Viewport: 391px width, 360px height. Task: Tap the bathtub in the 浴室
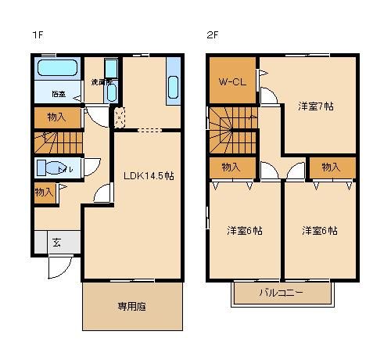coord(56,70)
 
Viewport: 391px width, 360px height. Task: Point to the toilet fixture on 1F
coord(52,169)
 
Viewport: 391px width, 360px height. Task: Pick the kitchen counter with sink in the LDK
coord(173,81)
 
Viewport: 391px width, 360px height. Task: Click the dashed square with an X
coord(120,118)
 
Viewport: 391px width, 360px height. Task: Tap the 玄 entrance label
coord(57,242)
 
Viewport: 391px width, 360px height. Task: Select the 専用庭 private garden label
coord(132,306)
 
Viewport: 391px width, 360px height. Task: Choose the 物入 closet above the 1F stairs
coord(57,117)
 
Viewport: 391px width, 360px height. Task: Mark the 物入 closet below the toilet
coord(43,193)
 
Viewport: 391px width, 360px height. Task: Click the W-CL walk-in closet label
coord(231,81)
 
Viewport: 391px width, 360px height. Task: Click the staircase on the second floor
coord(232,130)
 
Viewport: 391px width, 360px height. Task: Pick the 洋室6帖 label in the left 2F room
coord(244,231)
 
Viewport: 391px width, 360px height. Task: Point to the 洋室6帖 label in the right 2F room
coord(320,231)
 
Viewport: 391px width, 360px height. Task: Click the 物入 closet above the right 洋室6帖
coord(332,167)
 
